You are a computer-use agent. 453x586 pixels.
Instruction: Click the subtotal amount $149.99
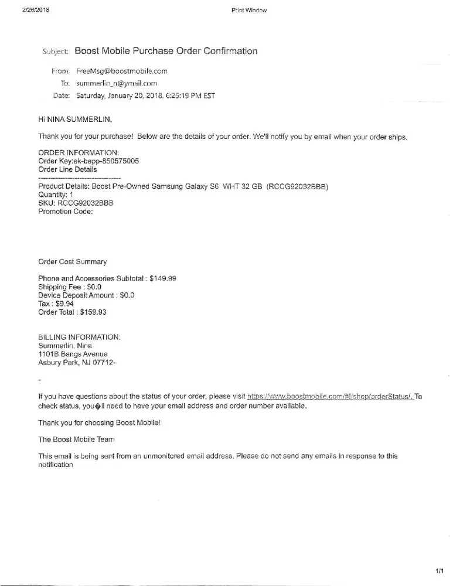point(163,279)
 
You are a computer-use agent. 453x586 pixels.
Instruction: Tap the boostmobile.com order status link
point(331,397)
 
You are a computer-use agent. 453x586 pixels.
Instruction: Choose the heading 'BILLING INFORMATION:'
point(79,338)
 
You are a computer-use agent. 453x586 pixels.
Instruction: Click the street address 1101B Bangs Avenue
point(73,354)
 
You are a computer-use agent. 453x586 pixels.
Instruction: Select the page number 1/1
point(440,570)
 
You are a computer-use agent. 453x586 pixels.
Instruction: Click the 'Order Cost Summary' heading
point(73,262)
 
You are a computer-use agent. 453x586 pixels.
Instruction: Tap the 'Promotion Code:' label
point(65,212)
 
